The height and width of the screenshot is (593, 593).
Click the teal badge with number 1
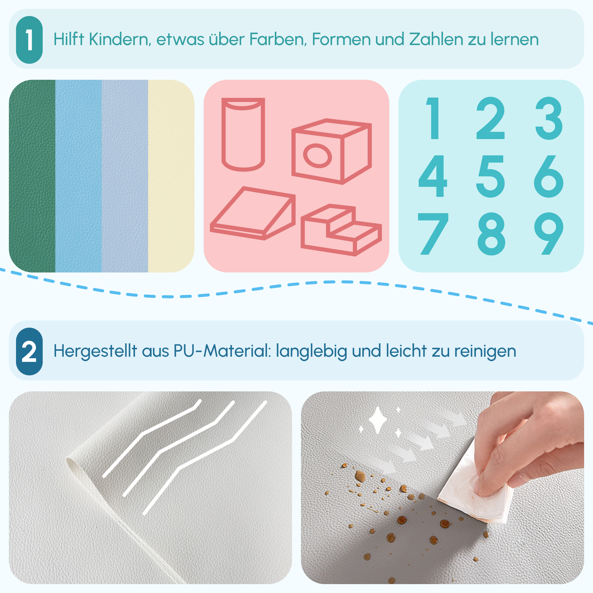[x=29, y=40]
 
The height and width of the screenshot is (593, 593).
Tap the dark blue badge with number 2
[x=29, y=351]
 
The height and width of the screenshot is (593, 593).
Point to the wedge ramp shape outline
[x=252, y=213]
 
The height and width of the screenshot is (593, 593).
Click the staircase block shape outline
[x=341, y=230]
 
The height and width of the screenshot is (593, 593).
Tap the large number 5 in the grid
[x=490, y=176]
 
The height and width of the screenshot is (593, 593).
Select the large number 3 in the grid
[x=549, y=118]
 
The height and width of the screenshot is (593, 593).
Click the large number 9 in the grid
[x=549, y=233]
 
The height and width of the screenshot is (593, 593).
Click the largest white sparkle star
[x=377, y=420]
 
